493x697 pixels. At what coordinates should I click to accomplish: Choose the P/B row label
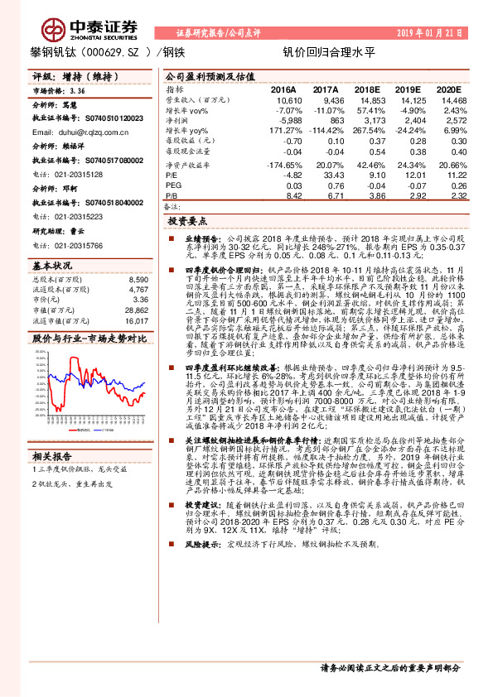[x=172, y=196]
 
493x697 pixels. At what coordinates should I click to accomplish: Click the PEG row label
[x=173, y=185]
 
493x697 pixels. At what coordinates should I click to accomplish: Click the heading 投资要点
[x=186, y=223]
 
